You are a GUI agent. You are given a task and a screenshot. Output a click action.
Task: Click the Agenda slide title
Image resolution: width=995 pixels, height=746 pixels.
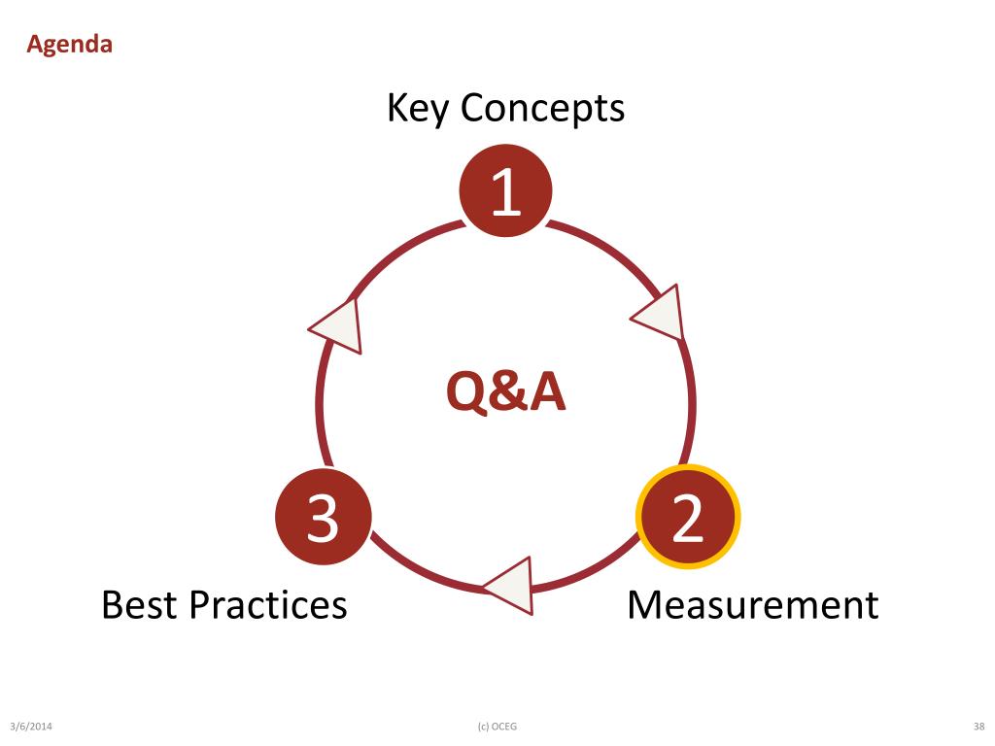pyautogui.click(x=69, y=45)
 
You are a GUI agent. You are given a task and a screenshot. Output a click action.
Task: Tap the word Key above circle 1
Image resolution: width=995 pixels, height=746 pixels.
pyautogui.click(x=418, y=108)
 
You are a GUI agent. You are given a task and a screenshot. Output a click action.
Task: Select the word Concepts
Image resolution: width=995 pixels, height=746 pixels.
pyautogui.click(x=542, y=108)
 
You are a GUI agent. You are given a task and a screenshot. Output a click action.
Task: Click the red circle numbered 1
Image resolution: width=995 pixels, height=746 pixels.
pyautogui.click(x=505, y=190)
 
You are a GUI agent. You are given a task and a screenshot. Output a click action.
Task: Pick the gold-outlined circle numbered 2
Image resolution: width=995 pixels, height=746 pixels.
pyautogui.click(x=688, y=517)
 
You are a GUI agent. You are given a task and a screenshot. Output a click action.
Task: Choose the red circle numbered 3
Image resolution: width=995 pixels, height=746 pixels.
pyautogui.click(x=323, y=518)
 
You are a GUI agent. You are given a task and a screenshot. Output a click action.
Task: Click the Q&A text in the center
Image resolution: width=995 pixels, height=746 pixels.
pyautogui.click(x=505, y=392)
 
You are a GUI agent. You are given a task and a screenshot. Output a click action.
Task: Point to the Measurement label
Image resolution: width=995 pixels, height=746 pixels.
pyautogui.click(x=753, y=604)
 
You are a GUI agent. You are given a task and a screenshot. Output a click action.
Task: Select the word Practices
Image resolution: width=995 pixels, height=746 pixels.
pyautogui.click(x=268, y=604)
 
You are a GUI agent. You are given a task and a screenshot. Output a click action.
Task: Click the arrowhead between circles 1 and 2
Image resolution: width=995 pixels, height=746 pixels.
pyautogui.click(x=659, y=314)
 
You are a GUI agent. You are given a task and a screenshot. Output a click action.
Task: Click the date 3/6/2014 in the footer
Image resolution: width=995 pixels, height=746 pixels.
pyautogui.click(x=31, y=727)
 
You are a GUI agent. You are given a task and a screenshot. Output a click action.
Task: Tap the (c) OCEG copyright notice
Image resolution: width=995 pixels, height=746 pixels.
pyautogui.click(x=497, y=727)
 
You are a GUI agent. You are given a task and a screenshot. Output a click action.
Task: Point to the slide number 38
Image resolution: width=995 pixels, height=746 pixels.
pyautogui.click(x=979, y=727)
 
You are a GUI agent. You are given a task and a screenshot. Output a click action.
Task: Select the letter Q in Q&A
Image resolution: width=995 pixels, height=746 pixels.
pyautogui.click(x=467, y=393)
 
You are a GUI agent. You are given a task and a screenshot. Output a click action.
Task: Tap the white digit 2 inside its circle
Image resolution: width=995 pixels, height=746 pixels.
pyautogui.click(x=688, y=518)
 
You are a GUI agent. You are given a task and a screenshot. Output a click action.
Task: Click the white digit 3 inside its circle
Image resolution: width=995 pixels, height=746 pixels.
pyautogui.click(x=323, y=519)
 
